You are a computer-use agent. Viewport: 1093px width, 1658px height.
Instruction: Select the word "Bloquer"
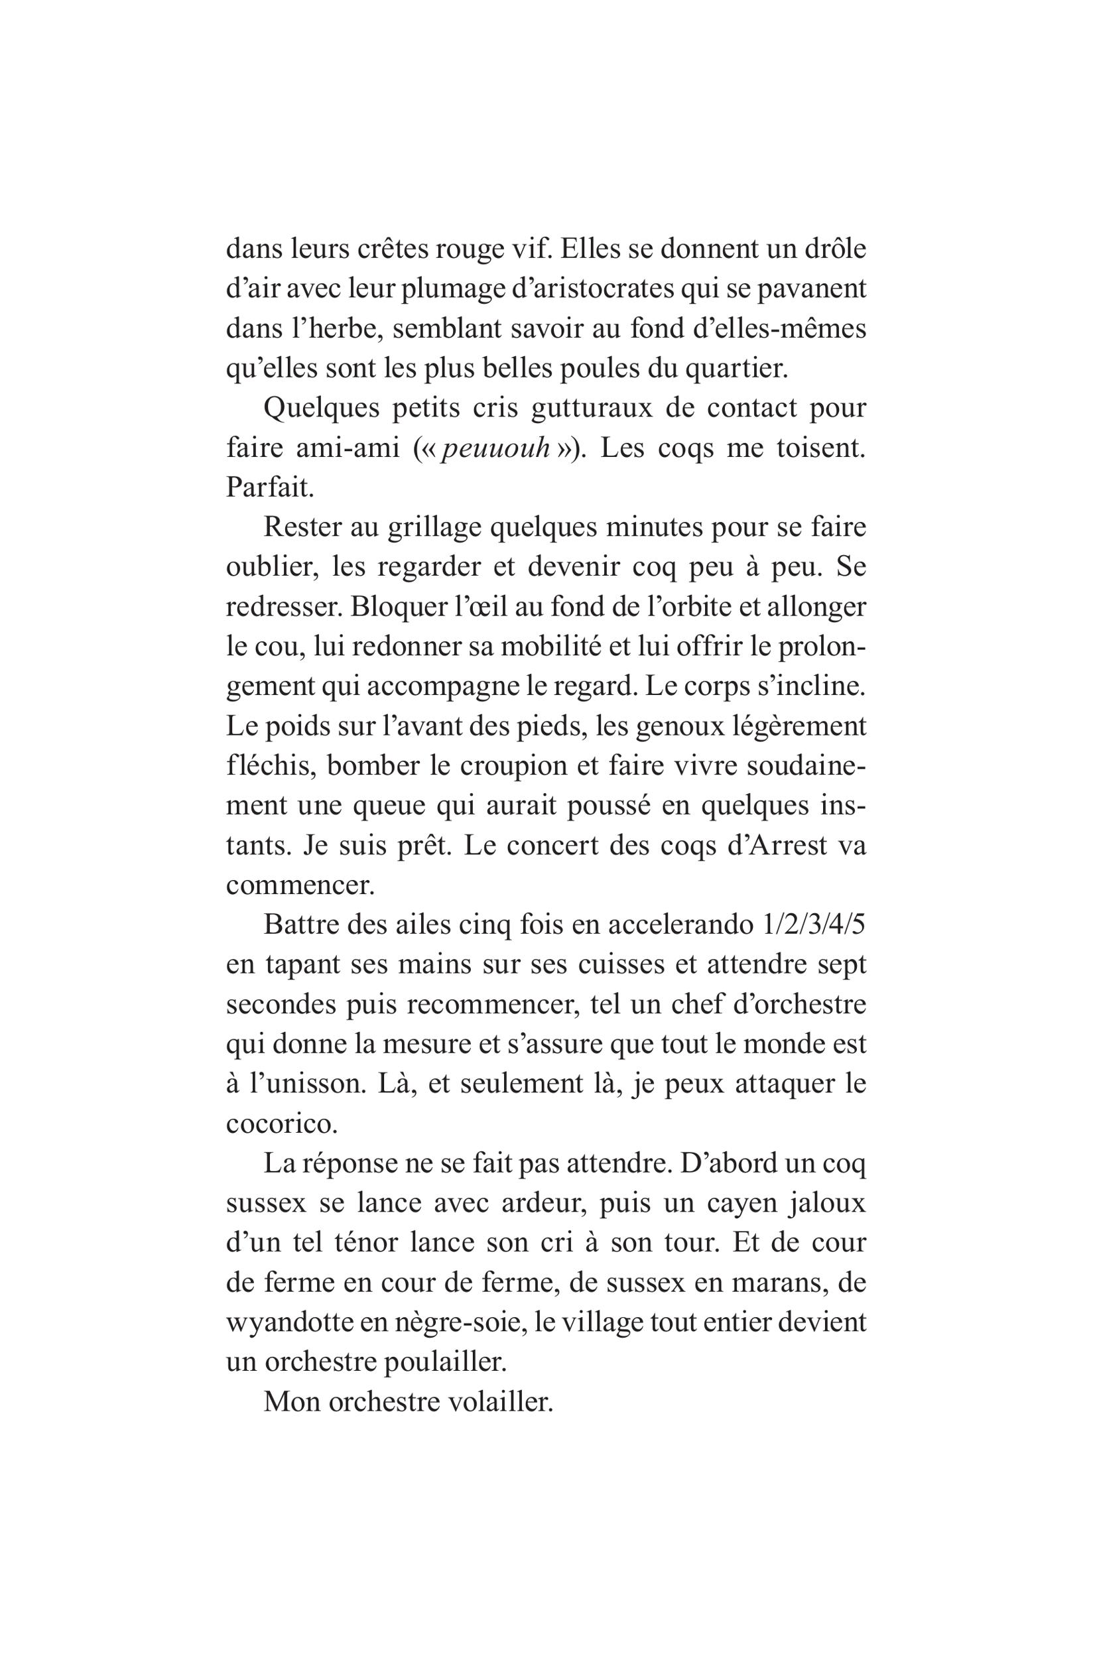(393, 606)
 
